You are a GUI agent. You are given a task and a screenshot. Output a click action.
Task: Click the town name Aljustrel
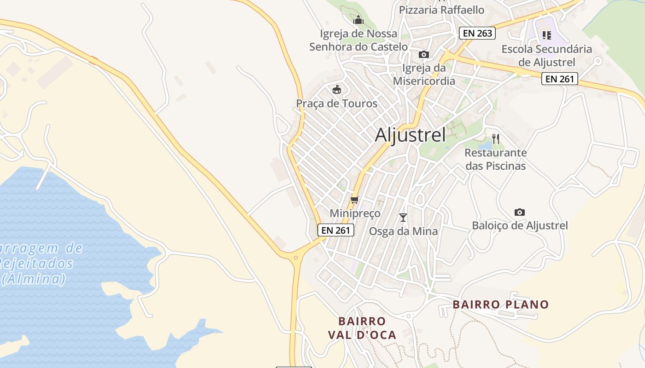point(410,135)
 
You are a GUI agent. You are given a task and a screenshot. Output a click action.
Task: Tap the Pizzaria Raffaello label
point(441,10)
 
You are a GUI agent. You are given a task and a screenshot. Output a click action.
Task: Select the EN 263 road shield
point(477,33)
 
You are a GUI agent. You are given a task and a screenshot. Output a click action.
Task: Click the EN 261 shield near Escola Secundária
point(559,79)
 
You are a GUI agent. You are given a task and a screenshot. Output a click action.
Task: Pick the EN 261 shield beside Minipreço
point(335,230)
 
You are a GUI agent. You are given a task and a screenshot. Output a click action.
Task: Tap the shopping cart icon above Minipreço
point(354,200)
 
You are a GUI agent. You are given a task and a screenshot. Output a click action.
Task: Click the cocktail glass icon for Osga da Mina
point(403,217)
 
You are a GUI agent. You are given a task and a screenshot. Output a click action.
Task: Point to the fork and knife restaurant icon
point(496,138)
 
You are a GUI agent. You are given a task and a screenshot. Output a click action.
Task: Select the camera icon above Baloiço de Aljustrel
point(520,212)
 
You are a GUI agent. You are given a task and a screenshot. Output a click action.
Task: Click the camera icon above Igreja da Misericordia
point(423,54)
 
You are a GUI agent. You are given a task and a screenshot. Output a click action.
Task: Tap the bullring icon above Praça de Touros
point(337,89)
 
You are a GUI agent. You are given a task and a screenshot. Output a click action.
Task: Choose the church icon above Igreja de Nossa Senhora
point(358,20)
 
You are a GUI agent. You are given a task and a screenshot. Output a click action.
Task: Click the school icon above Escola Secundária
point(547,35)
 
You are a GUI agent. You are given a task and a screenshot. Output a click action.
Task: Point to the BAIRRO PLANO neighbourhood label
point(500,305)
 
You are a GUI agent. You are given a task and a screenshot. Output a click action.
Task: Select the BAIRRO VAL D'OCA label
point(362,328)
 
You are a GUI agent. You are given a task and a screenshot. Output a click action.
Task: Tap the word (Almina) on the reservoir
point(33,279)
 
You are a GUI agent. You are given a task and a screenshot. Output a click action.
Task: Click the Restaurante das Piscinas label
point(495,159)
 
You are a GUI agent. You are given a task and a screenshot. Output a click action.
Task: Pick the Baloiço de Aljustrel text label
point(520,225)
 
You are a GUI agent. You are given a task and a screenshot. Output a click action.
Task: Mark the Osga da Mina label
point(403,231)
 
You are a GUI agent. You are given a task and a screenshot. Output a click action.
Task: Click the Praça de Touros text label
point(337,103)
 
